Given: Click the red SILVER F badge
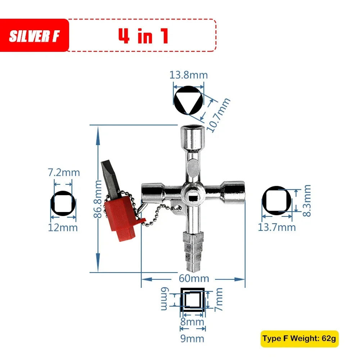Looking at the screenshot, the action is coord(34,35).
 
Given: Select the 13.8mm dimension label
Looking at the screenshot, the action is coord(189,75).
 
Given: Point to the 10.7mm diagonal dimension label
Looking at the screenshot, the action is coord(218,115).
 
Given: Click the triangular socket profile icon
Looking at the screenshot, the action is coord(189,100).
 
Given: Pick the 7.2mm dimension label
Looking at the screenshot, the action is coord(64,172).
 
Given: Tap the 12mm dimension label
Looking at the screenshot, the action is coord(63,228).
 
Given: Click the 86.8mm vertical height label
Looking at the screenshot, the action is coord(98,199).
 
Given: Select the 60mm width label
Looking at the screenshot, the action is coord(194,278).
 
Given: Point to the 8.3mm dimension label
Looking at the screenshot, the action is coord(307,201).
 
